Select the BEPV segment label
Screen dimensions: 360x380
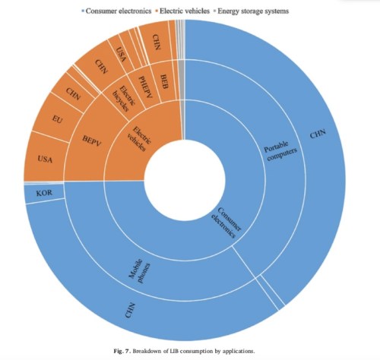[x=83, y=141]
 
